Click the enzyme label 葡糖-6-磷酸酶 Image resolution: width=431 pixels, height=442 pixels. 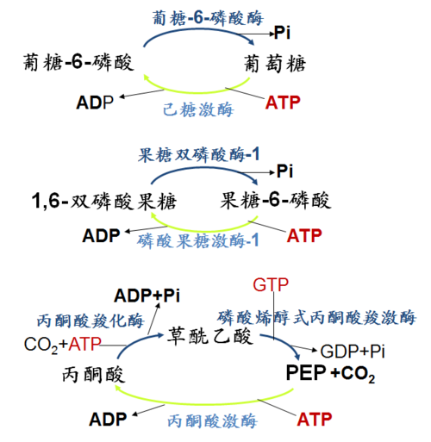point(208,18)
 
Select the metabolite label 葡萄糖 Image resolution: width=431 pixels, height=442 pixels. point(275,63)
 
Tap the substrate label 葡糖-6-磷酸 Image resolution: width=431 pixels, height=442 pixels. point(78,62)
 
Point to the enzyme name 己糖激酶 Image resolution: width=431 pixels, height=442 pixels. point(198,109)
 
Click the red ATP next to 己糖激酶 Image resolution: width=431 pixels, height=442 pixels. point(283,103)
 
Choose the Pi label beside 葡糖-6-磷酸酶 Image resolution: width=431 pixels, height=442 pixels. point(282,32)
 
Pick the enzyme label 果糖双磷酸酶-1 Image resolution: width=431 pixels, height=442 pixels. point(198,154)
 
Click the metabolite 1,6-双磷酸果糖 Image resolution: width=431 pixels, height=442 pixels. point(104,201)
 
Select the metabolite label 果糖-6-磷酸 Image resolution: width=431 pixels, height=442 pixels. point(276,200)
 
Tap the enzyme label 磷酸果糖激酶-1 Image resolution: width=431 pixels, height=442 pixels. point(197,240)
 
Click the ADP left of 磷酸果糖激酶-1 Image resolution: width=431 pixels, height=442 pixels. point(101,235)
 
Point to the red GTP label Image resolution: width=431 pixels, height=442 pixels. point(271,284)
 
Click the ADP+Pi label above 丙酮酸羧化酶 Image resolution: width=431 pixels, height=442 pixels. point(147,296)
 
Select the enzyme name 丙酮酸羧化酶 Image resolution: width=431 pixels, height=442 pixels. point(91,321)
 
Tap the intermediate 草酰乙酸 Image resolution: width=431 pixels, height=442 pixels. point(210,335)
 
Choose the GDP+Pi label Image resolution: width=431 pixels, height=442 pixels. point(353,351)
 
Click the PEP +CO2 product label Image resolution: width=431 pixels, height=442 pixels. point(330,373)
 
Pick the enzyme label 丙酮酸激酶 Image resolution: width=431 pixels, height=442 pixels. point(212,420)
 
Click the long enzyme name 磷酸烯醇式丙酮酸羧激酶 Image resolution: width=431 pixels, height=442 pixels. point(316,317)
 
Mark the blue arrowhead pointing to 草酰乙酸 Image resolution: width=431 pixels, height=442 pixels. point(160,335)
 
